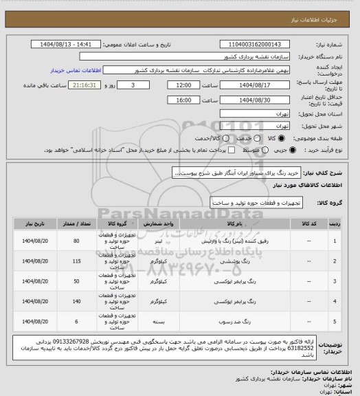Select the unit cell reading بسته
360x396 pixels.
(x=159, y=320)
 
